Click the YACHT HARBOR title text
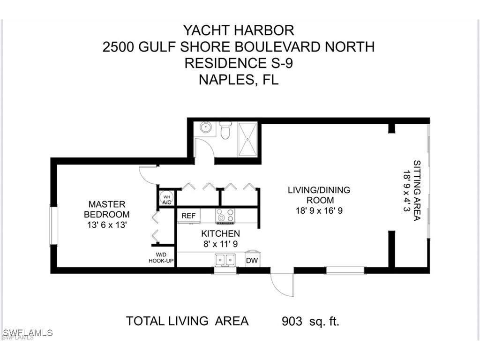pos(239,30)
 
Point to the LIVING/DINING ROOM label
pos(319,200)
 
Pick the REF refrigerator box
pos(188,216)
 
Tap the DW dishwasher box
pos(252,260)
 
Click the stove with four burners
pos(225,216)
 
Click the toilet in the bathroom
pos(225,130)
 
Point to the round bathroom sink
pos(205,127)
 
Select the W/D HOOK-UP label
pos(161,257)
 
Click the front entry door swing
pos(282,284)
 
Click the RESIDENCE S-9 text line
pos(239,63)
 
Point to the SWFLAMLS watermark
pos(27,333)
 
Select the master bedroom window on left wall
pos(53,226)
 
